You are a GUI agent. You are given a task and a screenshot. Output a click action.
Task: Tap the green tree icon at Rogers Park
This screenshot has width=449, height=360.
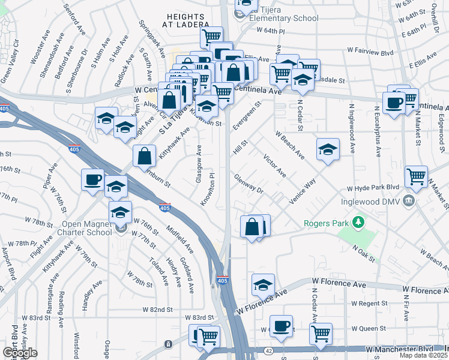tap(359, 223)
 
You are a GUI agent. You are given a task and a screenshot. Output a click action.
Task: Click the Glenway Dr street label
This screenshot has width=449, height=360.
tap(249, 183)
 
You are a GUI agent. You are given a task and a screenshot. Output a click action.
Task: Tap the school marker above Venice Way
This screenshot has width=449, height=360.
tap(328, 149)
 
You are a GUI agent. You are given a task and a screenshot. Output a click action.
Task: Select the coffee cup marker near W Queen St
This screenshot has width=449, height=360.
tap(281, 326)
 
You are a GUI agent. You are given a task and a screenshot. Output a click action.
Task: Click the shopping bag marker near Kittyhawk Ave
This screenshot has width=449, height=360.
tap(145, 157)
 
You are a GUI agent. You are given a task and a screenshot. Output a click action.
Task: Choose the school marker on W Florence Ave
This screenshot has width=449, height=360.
tap(262, 285)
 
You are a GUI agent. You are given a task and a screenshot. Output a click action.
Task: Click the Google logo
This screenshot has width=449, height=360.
tap(20, 352)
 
